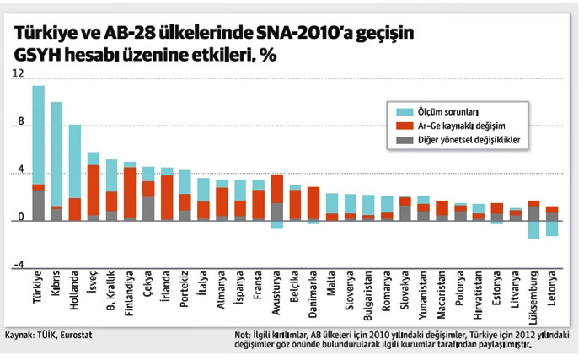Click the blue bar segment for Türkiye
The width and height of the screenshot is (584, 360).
tap(39, 135)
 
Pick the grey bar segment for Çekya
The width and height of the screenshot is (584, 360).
tap(148, 208)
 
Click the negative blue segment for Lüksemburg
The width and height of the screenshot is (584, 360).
tap(533, 229)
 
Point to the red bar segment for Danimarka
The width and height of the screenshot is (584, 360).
tap(313, 202)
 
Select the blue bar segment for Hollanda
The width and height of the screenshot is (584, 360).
tap(75, 161)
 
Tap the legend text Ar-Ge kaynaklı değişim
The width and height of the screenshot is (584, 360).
tap(456, 125)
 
